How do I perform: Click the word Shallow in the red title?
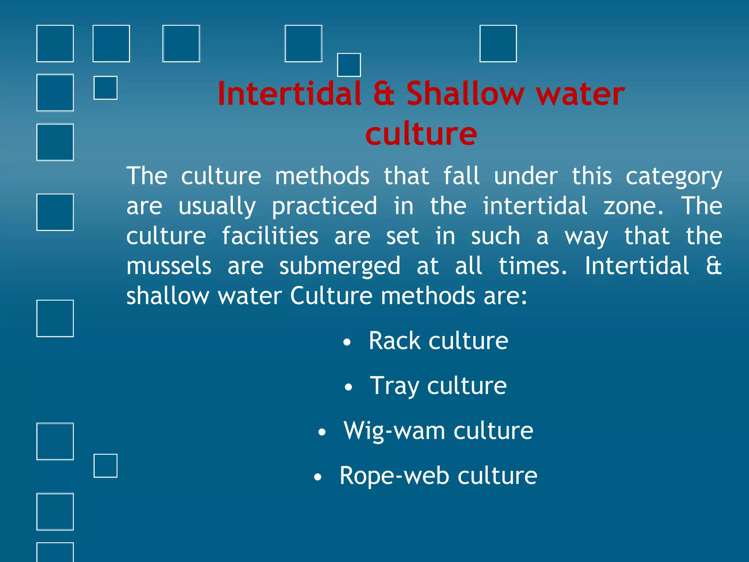pos(465,94)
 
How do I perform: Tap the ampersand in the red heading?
pos(384,94)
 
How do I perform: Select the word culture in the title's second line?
pos(421,134)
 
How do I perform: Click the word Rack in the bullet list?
pos(394,341)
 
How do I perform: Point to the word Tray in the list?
pos(394,386)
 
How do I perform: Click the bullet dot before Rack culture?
pos(347,342)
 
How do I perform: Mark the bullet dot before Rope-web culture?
pos(318,477)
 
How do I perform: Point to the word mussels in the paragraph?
pos(169,266)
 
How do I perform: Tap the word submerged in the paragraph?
pos(340,266)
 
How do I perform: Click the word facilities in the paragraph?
pos(270,236)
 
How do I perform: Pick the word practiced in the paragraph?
pos(324,206)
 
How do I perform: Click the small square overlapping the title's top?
pos(349,65)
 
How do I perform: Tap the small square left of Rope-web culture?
pos(105,466)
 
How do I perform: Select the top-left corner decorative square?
pos(55,44)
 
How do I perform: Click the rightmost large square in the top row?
pos(498,44)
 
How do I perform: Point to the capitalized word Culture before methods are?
pos(331,296)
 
